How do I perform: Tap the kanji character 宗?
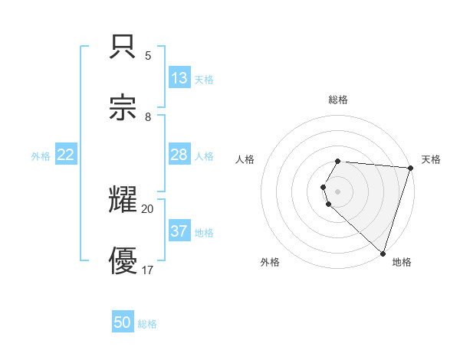pyautogui.click(x=123, y=106)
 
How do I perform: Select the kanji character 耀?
pyautogui.click(x=123, y=198)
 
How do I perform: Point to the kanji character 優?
pyautogui.click(x=123, y=260)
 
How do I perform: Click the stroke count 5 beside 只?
pyautogui.click(x=148, y=55)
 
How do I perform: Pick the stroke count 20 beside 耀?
pyautogui.click(x=148, y=208)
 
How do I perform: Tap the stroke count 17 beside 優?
pyautogui.click(x=148, y=270)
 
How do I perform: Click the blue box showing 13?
pyautogui.click(x=179, y=78)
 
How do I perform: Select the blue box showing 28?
pyautogui.click(x=179, y=155)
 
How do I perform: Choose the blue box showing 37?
pyautogui.click(x=179, y=231)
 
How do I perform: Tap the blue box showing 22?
pyautogui.click(x=66, y=155)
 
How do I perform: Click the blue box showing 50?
pyautogui.click(x=123, y=322)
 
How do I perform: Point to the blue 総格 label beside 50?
pyautogui.click(x=147, y=324)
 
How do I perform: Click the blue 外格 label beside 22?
pyautogui.click(x=41, y=156)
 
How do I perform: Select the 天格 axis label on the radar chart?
pyautogui.click(x=431, y=159)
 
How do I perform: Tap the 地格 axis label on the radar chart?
pyautogui.click(x=402, y=262)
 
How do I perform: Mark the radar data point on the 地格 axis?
pyautogui.click(x=383, y=253)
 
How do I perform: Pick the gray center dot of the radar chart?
pyautogui.click(x=337, y=191)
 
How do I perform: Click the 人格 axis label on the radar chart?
pyautogui.click(x=245, y=159)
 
